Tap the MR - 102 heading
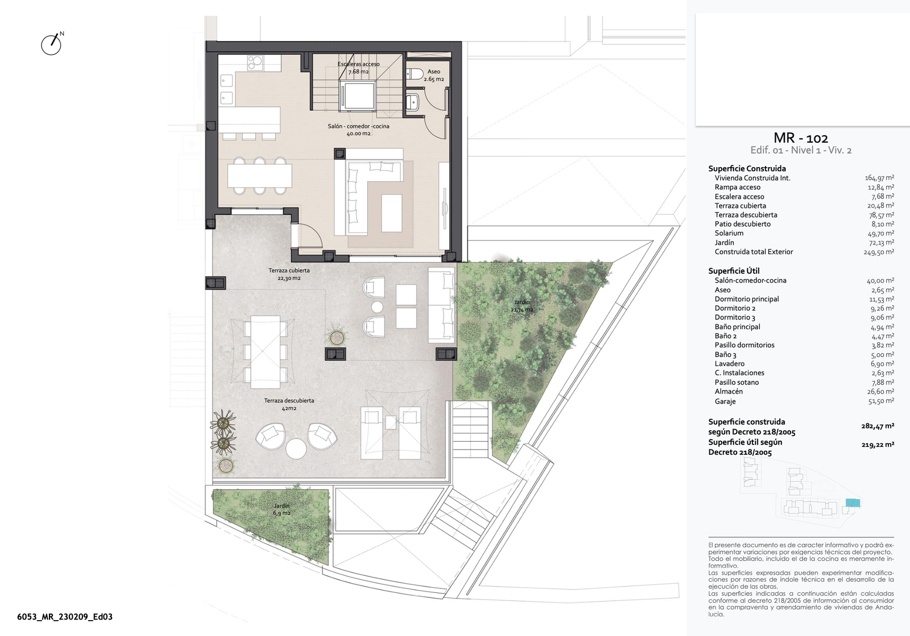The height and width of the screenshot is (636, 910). pyautogui.click(x=801, y=138)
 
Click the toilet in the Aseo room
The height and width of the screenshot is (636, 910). pyautogui.click(x=415, y=74)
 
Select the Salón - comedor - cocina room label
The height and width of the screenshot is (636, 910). pyautogui.click(x=358, y=130)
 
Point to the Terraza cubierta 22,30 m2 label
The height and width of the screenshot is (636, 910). pyautogui.click(x=289, y=275)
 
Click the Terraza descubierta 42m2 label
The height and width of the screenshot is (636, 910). pyautogui.click(x=289, y=404)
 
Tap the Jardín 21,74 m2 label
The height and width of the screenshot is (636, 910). pyautogui.click(x=522, y=306)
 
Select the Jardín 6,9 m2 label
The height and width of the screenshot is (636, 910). pyautogui.click(x=282, y=509)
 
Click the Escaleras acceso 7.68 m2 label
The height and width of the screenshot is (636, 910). pyautogui.click(x=359, y=68)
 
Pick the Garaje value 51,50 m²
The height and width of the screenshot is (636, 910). pyautogui.click(x=881, y=401)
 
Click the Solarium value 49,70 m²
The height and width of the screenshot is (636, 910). pyautogui.click(x=881, y=233)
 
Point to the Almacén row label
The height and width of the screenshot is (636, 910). pyautogui.click(x=729, y=391)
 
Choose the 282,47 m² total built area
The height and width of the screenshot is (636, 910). pyautogui.click(x=878, y=426)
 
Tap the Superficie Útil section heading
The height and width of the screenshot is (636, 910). pyautogui.click(x=734, y=271)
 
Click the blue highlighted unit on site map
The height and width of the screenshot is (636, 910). pyautogui.click(x=853, y=503)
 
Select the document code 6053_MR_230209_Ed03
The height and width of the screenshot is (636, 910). pyautogui.click(x=65, y=617)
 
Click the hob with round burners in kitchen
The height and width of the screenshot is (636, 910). pyautogui.click(x=255, y=63)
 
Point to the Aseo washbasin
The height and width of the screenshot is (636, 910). pyautogui.click(x=413, y=102)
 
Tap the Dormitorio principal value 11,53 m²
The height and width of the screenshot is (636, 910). pyautogui.click(x=882, y=299)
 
